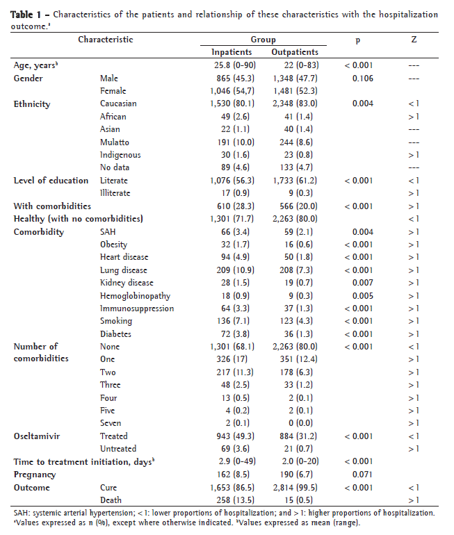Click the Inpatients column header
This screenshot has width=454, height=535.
pos(232,52)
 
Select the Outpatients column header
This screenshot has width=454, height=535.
pos(295,52)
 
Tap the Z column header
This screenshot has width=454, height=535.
pos(414,40)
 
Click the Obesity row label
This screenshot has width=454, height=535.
pos(115,245)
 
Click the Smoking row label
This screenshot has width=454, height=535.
pos(116,321)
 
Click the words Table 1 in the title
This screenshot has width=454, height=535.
pos(27,14)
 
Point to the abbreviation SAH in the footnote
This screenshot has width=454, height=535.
pos(21,513)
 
